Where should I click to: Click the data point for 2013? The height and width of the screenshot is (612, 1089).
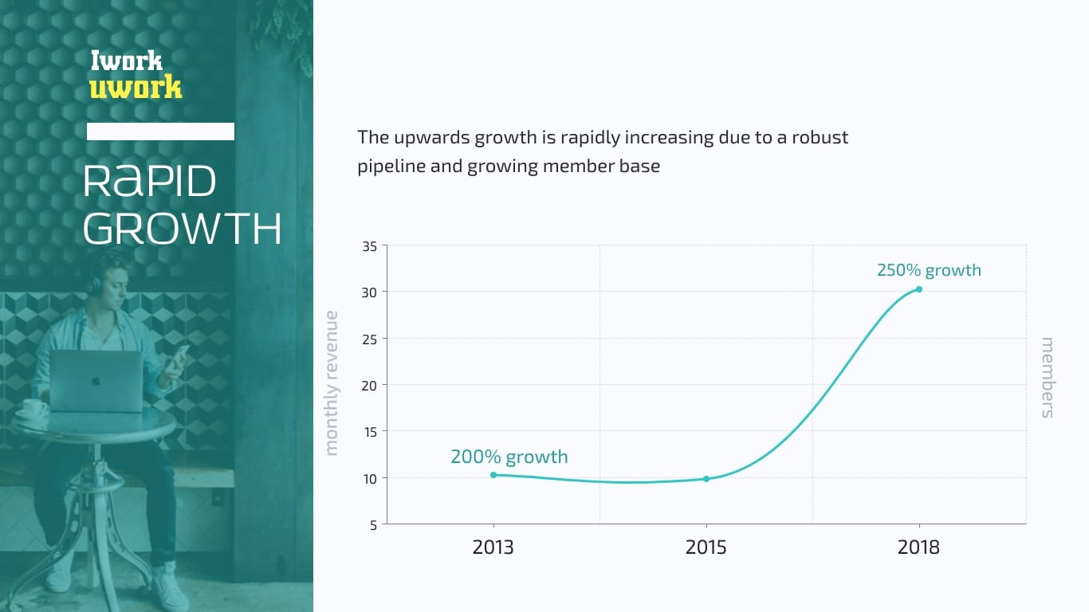[x=493, y=475]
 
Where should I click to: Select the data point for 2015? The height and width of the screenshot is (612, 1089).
[x=706, y=479]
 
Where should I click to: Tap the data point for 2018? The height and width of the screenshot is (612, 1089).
[x=919, y=289]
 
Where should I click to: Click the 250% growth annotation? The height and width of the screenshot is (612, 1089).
[x=929, y=270]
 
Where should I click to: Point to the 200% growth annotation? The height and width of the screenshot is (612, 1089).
[x=509, y=457]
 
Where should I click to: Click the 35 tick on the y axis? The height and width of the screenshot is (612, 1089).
[x=369, y=246]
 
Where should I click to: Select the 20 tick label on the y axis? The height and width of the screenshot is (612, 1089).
[x=369, y=386]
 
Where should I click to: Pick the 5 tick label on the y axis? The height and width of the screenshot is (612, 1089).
[x=373, y=525]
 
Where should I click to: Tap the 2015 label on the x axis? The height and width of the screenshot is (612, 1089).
[x=706, y=547]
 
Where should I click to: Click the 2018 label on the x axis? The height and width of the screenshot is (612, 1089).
[x=918, y=547]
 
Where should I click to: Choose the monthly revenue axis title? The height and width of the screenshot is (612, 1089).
[x=331, y=383]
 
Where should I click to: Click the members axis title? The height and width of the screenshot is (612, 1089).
[x=1048, y=377]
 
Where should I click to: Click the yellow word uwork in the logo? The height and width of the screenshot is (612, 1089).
[x=136, y=88]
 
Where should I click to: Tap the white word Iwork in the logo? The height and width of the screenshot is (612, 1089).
[x=127, y=61]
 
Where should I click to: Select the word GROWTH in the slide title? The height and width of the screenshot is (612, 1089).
[x=183, y=228]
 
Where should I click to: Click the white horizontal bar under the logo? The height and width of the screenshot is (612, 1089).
[x=160, y=131]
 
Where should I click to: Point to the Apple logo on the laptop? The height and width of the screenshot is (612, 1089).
[x=96, y=381]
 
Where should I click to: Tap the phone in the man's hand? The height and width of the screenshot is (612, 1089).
[x=179, y=356]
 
